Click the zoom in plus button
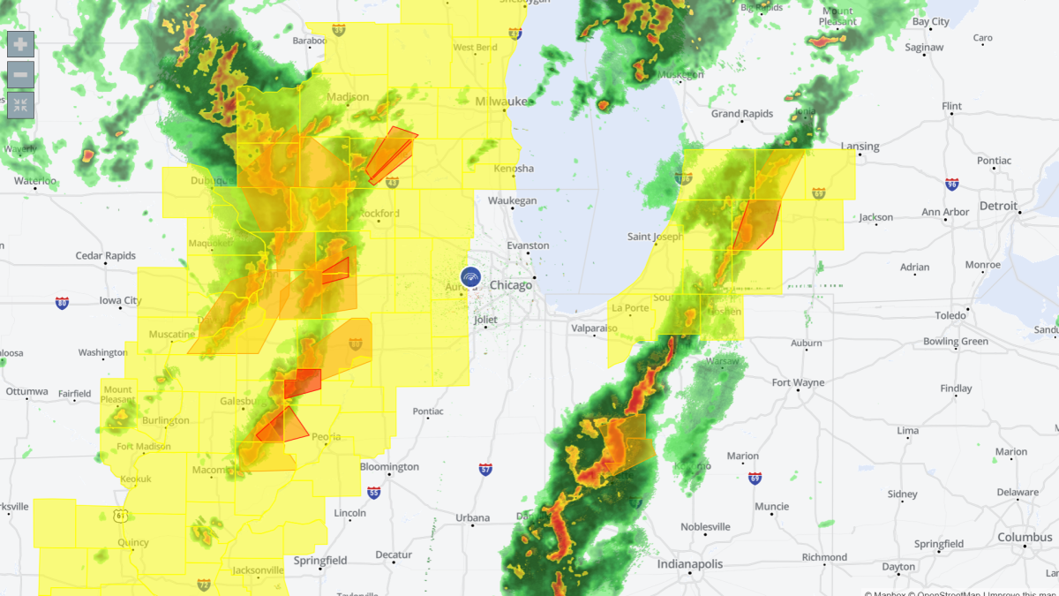tap(20, 44)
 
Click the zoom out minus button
tap(20, 74)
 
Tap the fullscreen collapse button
tap(20, 105)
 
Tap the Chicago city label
tap(511, 285)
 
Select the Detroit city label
tap(998, 206)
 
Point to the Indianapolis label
tap(689, 564)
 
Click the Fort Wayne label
tap(798, 382)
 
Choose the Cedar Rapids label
tap(106, 256)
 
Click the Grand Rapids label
tap(742, 114)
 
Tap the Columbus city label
tap(1025, 537)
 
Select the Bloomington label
tap(389, 466)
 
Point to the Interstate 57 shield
tap(485, 469)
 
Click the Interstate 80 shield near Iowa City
tap(62, 303)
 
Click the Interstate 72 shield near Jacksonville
tap(204, 585)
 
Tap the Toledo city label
tap(950, 315)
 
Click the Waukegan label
tap(513, 200)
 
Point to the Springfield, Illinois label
tap(319, 560)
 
